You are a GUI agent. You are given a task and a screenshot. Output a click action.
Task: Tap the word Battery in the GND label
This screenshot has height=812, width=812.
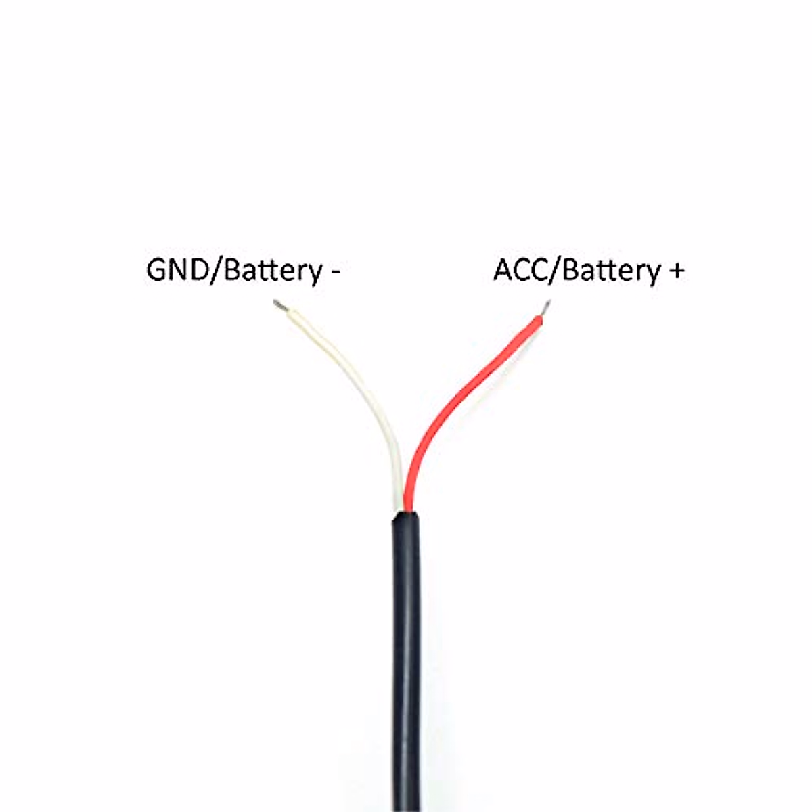272,271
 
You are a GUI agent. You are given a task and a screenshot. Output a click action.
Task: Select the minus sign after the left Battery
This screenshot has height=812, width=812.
336,273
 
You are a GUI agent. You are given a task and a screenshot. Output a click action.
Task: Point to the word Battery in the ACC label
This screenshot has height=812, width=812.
610,271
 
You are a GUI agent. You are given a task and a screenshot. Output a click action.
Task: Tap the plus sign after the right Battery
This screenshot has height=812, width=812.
676,271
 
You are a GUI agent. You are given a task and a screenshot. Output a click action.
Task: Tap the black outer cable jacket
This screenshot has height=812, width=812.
406,643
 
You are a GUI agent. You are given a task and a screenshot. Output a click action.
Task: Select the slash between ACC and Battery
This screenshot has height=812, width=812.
557,271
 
